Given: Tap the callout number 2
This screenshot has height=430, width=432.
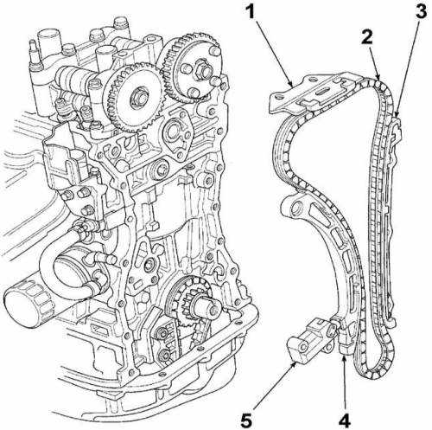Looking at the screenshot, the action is (x=367, y=36).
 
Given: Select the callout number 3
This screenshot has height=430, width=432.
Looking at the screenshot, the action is (x=421, y=12).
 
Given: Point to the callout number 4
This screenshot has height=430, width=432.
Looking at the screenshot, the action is (x=344, y=420).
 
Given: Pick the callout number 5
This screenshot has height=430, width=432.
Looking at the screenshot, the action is (x=246, y=420).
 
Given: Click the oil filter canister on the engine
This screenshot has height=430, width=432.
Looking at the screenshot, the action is (x=28, y=305).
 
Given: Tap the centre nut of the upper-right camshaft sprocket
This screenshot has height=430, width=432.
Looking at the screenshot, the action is (x=201, y=69).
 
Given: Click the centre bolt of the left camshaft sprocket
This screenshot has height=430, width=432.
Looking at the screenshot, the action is (x=139, y=97).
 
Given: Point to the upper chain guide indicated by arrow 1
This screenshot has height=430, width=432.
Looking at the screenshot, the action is (x=313, y=93).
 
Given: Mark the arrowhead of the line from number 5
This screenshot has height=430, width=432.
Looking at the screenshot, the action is (x=295, y=364).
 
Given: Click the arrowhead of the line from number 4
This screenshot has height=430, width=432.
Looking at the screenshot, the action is (x=344, y=357).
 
